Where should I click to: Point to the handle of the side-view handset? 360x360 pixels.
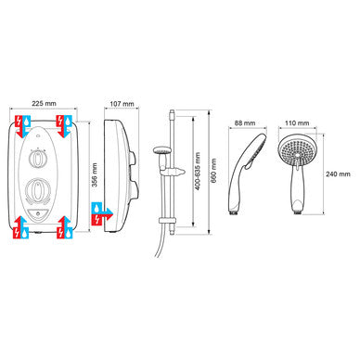click(243, 195)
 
